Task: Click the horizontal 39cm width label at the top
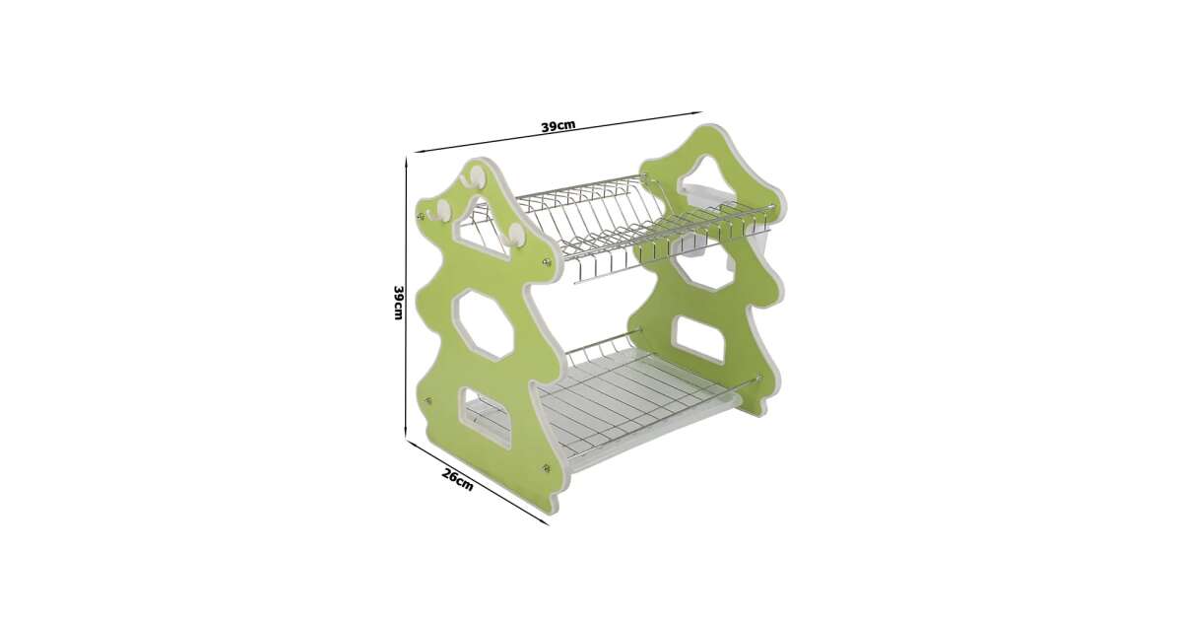[558, 126]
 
